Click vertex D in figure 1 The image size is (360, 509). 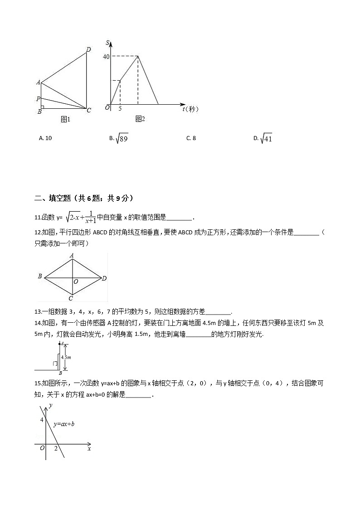[x=88, y=49]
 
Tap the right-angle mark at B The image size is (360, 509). [x=43, y=107]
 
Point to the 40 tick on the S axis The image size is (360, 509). [x=106, y=57]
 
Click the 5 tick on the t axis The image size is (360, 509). [x=120, y=109]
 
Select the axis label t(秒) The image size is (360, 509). [x=190, y=109]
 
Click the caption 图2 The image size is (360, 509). [x=140, y=119]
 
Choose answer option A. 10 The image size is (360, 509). [x=46, y=138]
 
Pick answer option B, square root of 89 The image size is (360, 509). [x=119, y=139]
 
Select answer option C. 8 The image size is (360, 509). [x=191, y=138]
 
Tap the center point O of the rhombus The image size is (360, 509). [x=76, y=281]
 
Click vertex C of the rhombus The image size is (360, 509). [x=71, y=298]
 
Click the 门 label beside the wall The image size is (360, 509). [x=54, y=364]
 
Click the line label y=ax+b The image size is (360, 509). [x=64, y=424]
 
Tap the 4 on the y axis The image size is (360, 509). [x=41, y=420]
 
